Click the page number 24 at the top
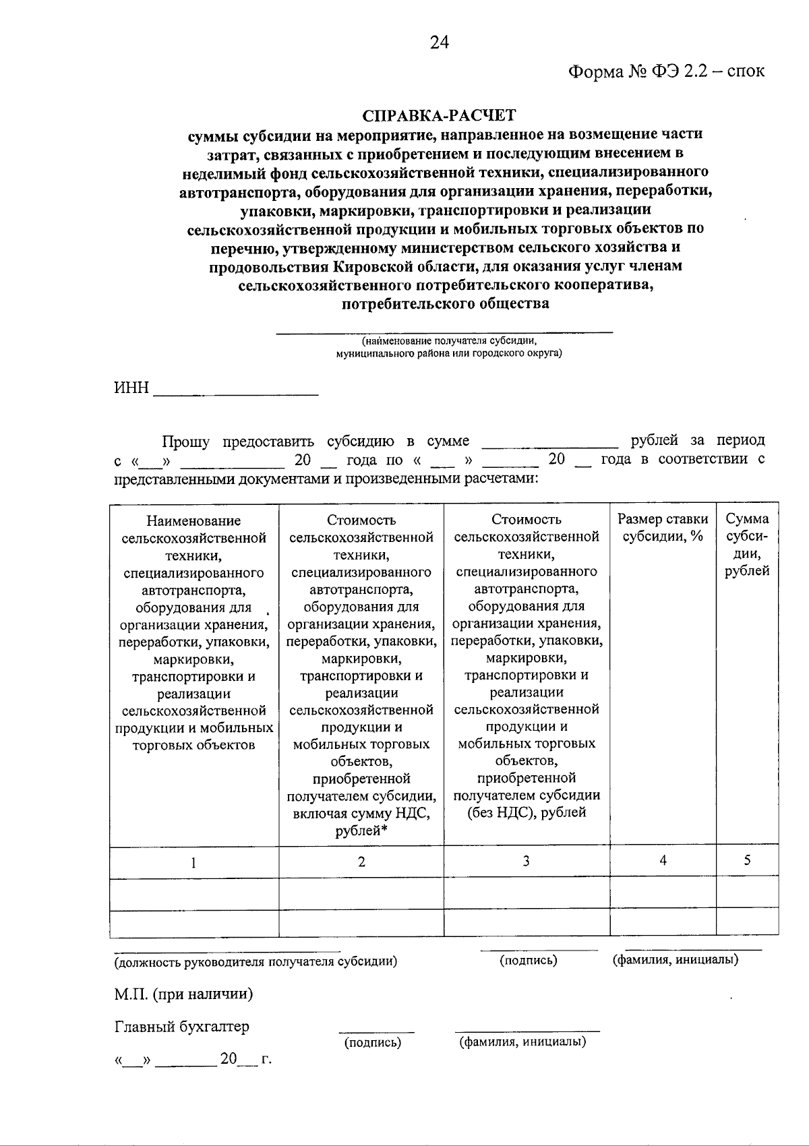[439, 42]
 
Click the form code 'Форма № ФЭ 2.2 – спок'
[666, 71]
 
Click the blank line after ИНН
[236, 391]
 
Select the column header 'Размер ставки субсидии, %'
[663, 528]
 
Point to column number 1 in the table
[193, 862]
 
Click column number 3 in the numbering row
[526, 861]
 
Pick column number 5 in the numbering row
[747, 860]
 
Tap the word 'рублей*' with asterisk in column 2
[361, 831]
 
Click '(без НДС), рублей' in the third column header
[527, 812]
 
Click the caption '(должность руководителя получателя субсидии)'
[256, 961]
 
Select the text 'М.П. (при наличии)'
[183, 994]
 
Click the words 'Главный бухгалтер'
[181, 1027]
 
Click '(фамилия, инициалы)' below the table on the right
[675, 959]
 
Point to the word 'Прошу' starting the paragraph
[185, 442]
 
